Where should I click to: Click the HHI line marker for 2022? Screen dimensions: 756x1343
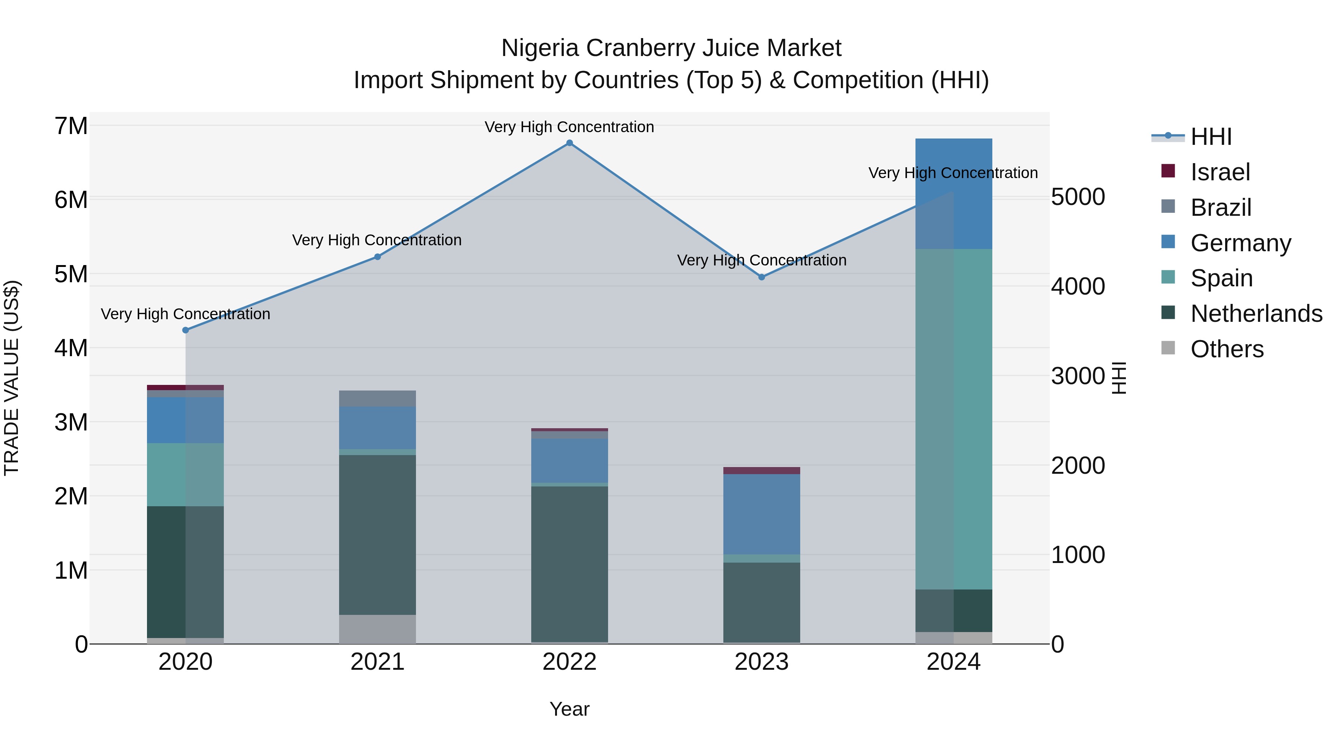[569, 143]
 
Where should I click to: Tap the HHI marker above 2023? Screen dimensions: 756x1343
[762, 277]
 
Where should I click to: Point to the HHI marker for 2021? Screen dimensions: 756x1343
[378, 257]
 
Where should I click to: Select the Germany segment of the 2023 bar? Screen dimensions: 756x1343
[762, 514]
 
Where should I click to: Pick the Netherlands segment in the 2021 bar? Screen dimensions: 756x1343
[378, 535]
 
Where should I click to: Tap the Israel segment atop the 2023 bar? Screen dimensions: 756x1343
[762, 471]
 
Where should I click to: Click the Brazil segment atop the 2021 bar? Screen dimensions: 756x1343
[378, 398]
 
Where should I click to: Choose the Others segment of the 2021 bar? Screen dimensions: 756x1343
[378, 629]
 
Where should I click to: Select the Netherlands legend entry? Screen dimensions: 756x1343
[1256, 314]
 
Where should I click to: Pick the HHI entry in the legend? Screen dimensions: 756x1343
[1211, 137]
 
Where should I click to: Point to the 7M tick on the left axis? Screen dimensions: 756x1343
[71, 126]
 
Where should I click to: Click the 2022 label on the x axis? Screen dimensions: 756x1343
[569, 662]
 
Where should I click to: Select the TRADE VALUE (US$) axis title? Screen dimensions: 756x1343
[12, 378]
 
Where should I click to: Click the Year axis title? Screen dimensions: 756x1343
[569, 709]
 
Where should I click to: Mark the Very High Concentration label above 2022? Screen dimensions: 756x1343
[569, 127]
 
